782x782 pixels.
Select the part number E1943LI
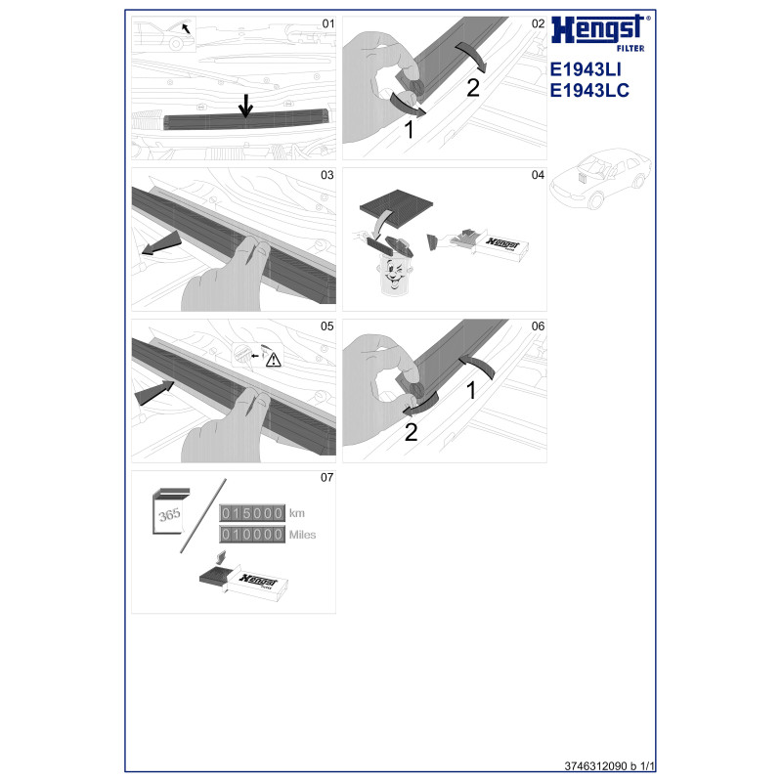(x=586, y=69)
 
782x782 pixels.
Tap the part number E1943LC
(x=589, y=90)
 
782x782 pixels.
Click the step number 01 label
(x=328, y=23)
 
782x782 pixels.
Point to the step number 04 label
(x=538, y=175)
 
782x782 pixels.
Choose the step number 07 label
(x=326, y=477)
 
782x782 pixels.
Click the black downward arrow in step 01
(x=245, y=106)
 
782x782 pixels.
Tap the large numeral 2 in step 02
(x=473, y=88)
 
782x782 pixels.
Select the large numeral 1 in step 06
(x=471, y=390)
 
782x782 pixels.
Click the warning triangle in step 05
(x=274, y=360)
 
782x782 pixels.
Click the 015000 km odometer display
(x=252, y=513)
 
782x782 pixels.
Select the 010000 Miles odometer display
(x=252, y=535)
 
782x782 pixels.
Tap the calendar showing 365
(x=170, y=511)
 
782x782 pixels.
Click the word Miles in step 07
(x=302, y=535)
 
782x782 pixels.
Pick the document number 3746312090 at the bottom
(x=595, y=766)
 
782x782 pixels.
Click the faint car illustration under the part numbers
(x=600, y=178)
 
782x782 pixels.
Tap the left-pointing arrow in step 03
(x=161, y=242)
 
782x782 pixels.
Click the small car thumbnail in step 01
(x=163, y=34)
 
